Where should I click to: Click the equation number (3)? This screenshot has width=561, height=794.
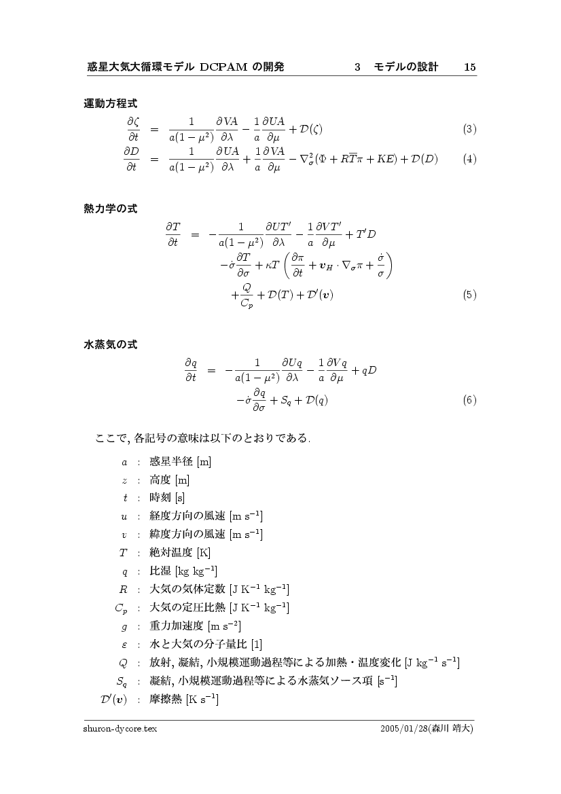(x=469, y=128)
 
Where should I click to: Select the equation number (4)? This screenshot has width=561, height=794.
(x=469, y=160)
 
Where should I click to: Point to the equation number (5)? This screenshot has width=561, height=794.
(x=469, y=295)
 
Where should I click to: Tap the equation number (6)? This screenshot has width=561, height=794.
(x=469, y=400)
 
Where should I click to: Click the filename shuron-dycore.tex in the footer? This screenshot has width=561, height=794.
(x=120, y=728)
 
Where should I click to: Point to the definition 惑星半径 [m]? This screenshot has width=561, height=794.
(x=180, y=463)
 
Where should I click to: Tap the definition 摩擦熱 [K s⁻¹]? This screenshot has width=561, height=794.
(x=183, y=698)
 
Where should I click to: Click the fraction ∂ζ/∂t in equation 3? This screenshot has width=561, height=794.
(x=132, y=128)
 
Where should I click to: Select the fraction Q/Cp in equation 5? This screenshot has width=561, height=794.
(x=247, y=295)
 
